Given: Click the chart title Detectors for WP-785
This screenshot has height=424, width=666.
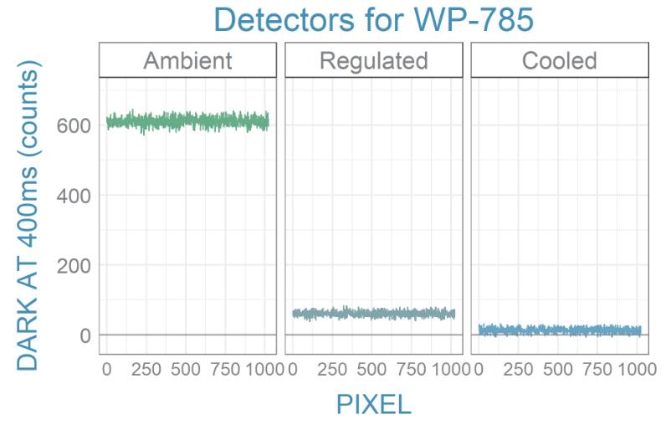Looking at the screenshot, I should [x=372, y=19].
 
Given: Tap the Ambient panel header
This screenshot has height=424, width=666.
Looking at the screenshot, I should [x=187, y=60].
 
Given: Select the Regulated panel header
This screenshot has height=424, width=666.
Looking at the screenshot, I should [x=373, y=60].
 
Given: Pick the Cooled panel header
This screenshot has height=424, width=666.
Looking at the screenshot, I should [x=559, y=60].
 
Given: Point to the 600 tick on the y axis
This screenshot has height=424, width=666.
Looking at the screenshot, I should [x=73, y=125].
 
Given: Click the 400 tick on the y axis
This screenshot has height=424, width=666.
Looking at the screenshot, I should [x=73, y=196].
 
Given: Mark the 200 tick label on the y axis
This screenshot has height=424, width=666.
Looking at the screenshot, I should [x=73, y=266].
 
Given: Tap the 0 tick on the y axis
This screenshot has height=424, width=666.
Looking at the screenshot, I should [x=84, y=335].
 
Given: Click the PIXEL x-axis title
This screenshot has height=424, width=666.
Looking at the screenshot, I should [x=373, y=405].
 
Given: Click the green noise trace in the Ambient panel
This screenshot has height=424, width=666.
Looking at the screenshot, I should [x=187, y=121].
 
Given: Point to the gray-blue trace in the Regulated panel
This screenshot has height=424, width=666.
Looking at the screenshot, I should [x=373, y=314].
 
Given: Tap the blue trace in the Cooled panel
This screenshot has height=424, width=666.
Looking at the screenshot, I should [x=559, y=330].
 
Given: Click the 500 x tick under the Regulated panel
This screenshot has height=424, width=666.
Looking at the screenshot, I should [x=373, y=369].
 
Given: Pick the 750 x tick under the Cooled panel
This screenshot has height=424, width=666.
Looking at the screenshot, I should [x=599, y=369].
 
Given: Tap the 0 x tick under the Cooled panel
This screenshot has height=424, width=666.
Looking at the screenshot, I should [x=478, y=369].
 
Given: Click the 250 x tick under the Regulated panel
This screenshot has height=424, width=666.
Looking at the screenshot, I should [x=332, y=369].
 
